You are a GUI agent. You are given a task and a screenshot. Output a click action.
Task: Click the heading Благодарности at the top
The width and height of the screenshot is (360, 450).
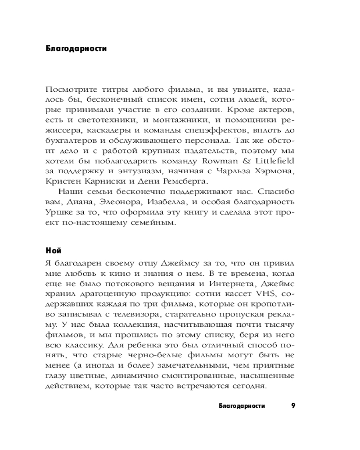pyautogui.click(x=76, y=49)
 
